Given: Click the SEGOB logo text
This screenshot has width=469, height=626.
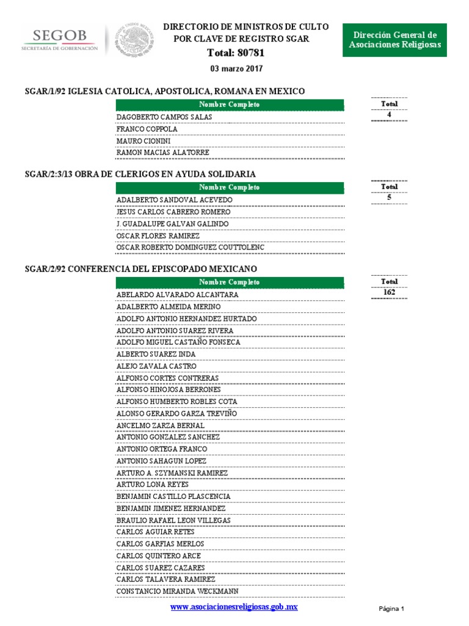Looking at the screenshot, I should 59,37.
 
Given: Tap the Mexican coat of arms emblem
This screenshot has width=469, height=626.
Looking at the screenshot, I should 135,41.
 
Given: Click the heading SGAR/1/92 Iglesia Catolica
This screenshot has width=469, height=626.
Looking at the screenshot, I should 164,91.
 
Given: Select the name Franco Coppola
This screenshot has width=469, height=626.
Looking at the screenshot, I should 147,130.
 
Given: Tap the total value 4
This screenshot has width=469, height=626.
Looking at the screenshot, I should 389,115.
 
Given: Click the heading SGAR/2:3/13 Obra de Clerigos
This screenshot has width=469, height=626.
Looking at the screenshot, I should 140,174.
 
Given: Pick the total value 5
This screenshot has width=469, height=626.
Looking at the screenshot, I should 389,197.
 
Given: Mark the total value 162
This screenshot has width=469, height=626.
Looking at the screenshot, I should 389,292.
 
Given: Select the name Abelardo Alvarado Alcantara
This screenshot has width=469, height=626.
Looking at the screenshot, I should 177,295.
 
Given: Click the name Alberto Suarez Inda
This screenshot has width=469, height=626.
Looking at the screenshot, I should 156,354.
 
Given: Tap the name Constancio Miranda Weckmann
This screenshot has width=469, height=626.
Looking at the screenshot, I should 178,591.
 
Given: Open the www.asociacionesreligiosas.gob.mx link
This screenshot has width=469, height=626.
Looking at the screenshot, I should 234,606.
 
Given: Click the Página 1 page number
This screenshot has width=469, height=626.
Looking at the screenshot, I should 391,609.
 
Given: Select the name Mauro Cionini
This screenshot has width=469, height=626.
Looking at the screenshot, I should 144,141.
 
